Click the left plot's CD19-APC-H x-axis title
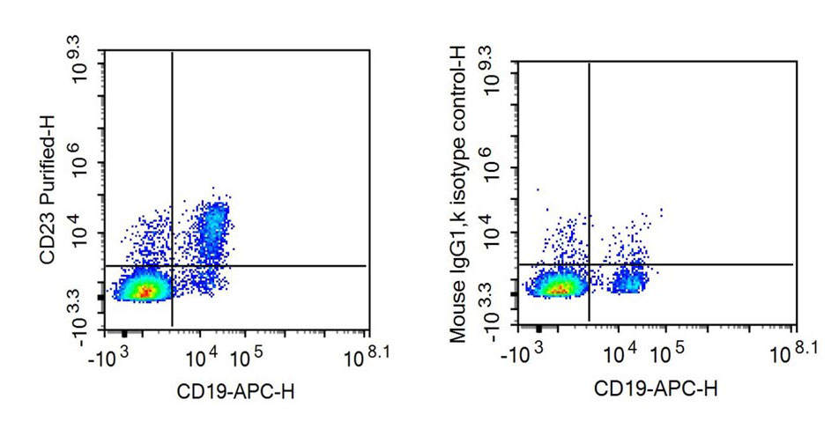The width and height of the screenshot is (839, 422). pos(235,391)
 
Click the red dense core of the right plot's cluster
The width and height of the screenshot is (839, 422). pos(561,286)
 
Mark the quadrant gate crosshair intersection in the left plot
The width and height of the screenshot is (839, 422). pos(172,265)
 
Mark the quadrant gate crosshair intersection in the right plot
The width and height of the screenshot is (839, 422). pos(588,264)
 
